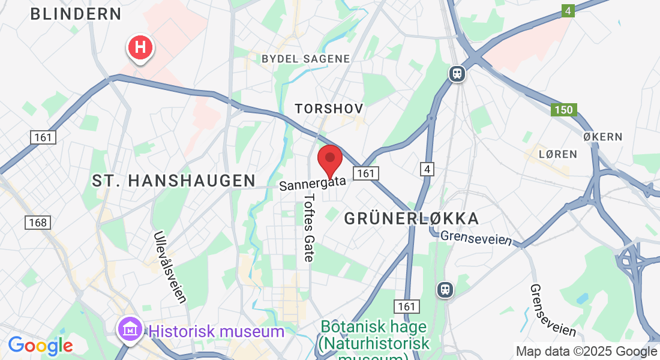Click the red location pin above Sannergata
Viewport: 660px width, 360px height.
point(329,159)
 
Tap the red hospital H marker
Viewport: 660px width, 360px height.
point(140,47)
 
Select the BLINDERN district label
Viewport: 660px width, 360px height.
point(76,14)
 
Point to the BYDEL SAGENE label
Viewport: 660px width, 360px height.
point(306,58)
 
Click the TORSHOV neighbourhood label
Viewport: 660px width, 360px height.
point(329,109)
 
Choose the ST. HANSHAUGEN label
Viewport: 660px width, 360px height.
point(174,180)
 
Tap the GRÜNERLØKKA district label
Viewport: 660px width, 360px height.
point(412,218)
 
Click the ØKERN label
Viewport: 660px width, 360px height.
point(603,137)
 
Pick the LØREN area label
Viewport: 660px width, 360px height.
point(557,154)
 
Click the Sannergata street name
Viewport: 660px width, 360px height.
point(313,182)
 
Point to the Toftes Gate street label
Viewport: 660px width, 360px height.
point(309,227)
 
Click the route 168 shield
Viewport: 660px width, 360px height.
point(37,223)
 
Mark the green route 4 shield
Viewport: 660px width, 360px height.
point(568,11)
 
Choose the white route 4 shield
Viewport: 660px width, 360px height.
point(427,170)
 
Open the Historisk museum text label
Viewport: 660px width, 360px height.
point(217,331)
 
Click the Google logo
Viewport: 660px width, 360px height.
point(40,346)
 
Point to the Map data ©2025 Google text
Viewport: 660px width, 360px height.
point(586,352)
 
